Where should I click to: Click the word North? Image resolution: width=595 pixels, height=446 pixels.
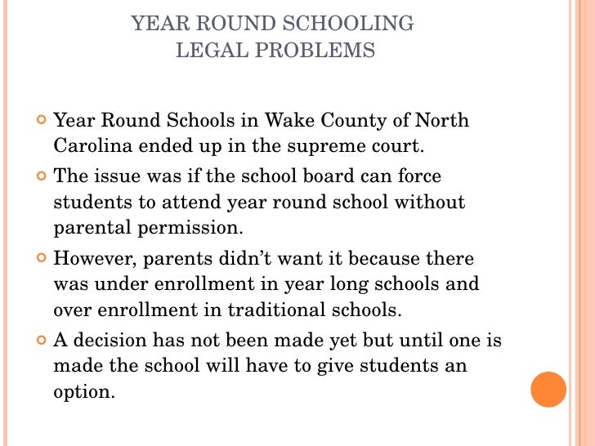pyautogui.click(x=442, y=121)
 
